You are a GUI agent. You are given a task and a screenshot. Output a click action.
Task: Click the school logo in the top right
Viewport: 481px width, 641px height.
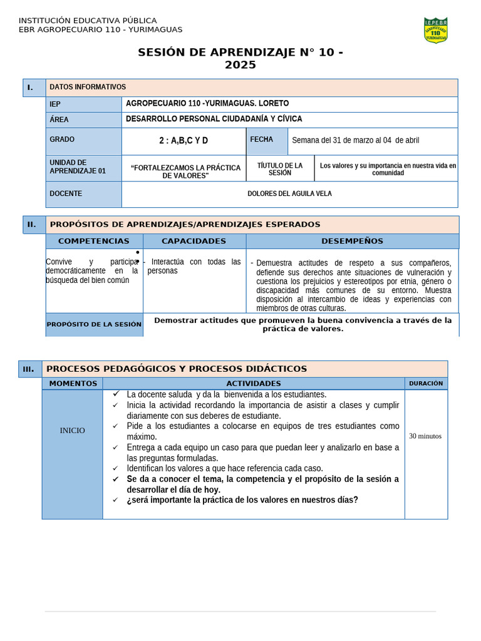click(x=435, y=30)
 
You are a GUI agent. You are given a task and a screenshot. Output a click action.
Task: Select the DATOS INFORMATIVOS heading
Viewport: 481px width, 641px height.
click(x=88, y=87)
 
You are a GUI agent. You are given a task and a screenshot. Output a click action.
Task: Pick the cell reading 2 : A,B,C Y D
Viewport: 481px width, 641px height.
click(x=184, y=141)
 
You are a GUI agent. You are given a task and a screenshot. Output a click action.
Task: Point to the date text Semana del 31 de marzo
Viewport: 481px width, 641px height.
click(x=355, y=140)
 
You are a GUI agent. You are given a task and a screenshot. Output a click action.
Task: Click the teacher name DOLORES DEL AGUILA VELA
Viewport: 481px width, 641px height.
click(x=289, y=194)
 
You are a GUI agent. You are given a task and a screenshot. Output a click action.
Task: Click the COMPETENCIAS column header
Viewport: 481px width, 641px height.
click(x=94, y=241)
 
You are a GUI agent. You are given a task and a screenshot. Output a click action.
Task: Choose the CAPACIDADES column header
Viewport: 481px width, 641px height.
click(x=194, y=241)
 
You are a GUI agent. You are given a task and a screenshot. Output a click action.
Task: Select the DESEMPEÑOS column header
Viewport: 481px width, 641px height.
click(x=352, y=241)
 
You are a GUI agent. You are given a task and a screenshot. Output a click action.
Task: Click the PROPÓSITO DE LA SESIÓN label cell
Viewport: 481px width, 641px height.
click(x=94, y=324)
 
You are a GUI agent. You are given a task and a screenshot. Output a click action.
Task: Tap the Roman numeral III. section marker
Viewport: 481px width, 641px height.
click(x=29, y=369)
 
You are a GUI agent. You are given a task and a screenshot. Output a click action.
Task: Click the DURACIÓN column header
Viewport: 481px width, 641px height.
click(x=426, y=383)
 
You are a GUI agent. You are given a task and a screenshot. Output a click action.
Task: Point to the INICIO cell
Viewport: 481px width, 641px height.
click(x=72, y=431)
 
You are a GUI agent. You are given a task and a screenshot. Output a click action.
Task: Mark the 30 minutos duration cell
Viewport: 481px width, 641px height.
click(x=425, y=436)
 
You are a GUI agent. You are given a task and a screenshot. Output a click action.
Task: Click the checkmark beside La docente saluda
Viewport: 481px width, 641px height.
click(x=116, y=394)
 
